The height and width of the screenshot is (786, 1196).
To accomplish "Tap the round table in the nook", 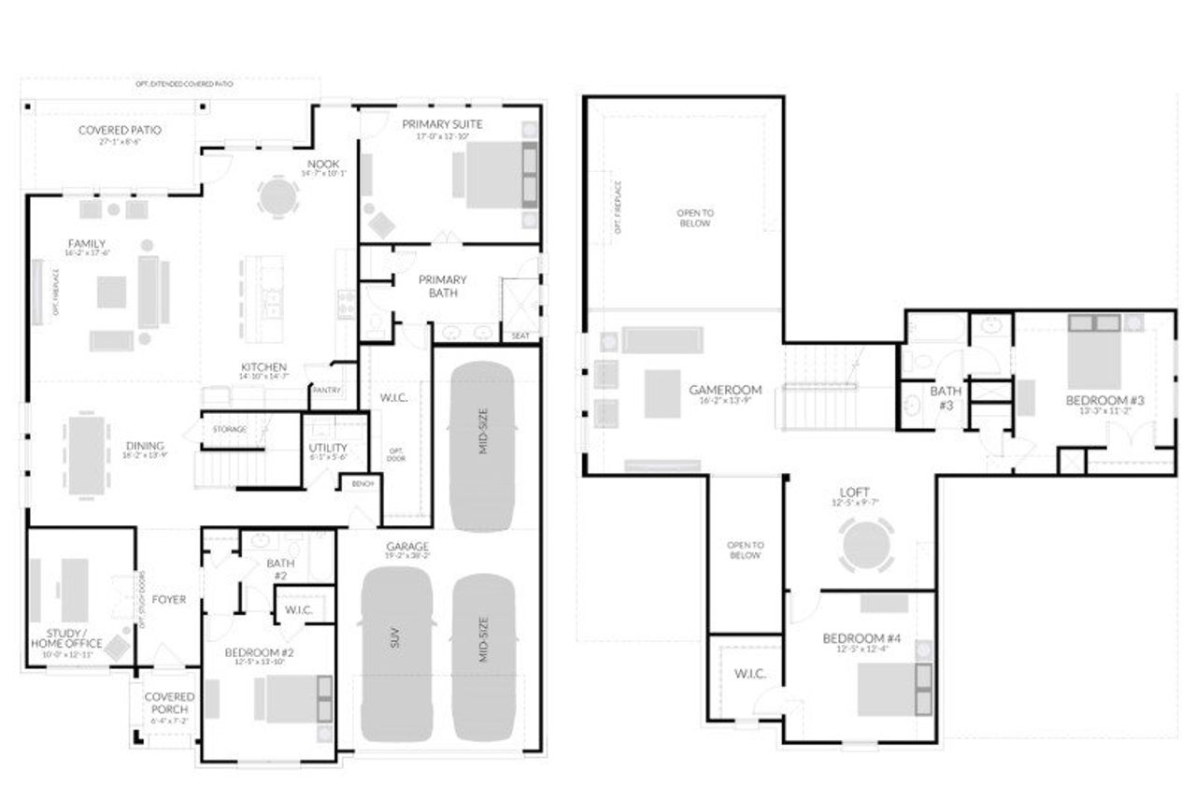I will point(278,196).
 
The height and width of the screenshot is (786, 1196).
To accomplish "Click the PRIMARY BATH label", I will point(442,286).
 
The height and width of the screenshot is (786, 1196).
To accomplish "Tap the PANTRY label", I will point(327,390).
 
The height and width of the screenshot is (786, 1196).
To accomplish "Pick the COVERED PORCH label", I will point(169,703).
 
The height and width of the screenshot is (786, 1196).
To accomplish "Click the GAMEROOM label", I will point(725,390).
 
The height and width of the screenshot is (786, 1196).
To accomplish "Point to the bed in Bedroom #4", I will point(893,689).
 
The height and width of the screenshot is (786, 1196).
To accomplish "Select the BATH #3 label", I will point(947,397).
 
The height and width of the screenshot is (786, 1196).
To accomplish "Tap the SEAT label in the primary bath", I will point(520,336).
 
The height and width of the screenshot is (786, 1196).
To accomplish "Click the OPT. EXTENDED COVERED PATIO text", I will point(184,84).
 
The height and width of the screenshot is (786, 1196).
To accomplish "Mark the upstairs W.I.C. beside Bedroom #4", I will point(750,673).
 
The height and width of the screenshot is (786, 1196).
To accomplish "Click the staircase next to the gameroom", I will point(819,387).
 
